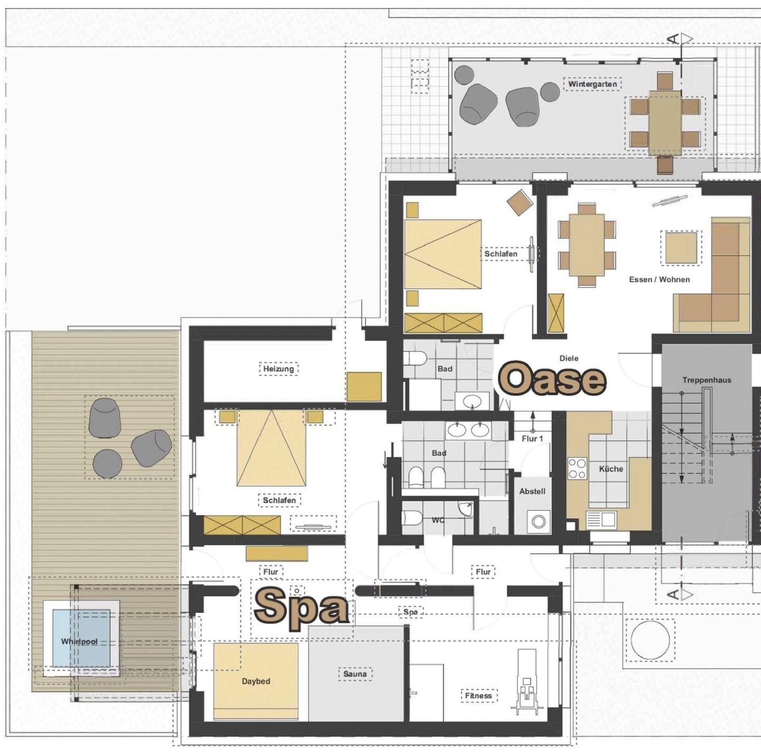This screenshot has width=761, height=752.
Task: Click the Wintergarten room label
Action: pos(592,84)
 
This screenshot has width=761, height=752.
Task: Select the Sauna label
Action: pos(355,674)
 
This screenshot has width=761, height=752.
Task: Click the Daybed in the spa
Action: pos(255,681)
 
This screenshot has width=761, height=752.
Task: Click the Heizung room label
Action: pos(279,368)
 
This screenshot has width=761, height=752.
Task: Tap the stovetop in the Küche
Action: pos(577,468)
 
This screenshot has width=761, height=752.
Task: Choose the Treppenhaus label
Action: pos(707,380)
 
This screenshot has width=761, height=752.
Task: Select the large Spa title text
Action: pos(301,609)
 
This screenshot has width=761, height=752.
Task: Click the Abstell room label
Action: pos(532,491)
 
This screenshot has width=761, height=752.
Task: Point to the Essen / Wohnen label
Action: pos(660,279)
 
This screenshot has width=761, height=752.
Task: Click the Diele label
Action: pos(569,358)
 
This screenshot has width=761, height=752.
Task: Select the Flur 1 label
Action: pos(532,439)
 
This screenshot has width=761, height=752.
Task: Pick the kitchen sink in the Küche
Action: pos(601,519)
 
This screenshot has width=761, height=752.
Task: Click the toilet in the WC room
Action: pos(412,518)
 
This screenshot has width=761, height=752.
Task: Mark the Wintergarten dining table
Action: pos(665,123)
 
